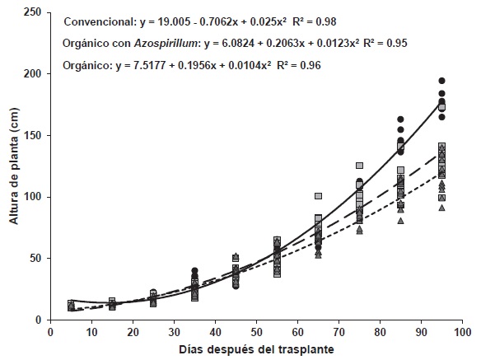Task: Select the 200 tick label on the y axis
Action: pyautogui.click(x=33, y=74)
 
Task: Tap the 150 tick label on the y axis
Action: pyautogui.click(x=33, y=135)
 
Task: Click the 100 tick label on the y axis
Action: pyautogui.click(x=33, y=197)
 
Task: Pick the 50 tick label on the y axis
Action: pyautogui.click(x=35, y=259)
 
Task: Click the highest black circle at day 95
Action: pyautogui.click(x=441, y=81)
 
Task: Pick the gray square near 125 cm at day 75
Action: pyautogui.click(x=359, y=166)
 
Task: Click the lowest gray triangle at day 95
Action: pyautogui.click(x=441, y=208)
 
